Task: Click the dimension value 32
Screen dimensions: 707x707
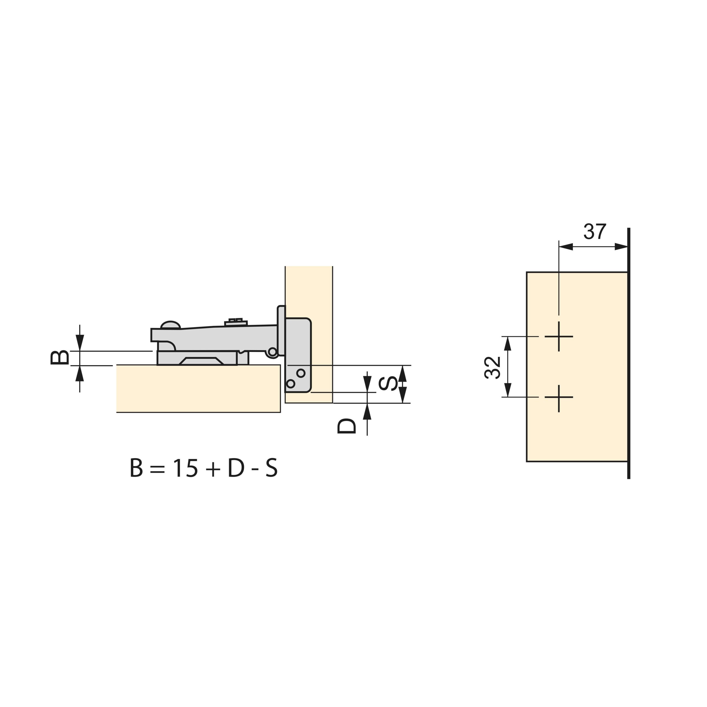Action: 492,367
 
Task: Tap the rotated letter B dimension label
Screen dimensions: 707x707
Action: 60,358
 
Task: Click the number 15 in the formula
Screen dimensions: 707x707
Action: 186,468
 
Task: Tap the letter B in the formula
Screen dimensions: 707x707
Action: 136,468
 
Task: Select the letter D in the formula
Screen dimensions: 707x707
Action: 236,468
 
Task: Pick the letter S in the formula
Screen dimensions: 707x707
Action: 271,468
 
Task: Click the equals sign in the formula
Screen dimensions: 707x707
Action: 158,469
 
